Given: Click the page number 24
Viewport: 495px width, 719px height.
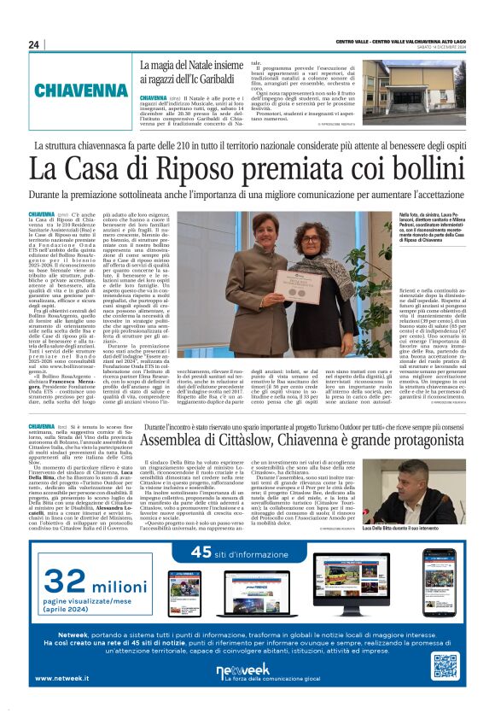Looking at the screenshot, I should coord(33,44).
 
